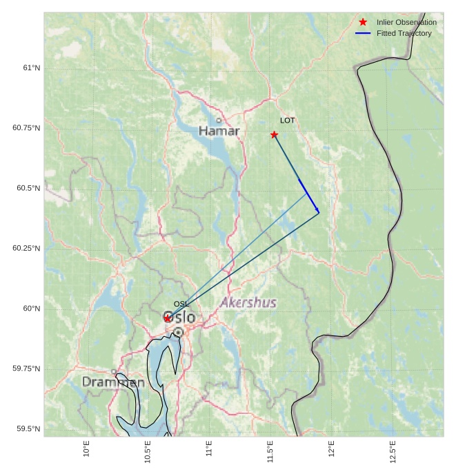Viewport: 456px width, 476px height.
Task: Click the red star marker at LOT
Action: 274,134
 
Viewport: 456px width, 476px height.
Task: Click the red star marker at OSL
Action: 167,318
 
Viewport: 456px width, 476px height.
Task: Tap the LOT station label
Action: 287,121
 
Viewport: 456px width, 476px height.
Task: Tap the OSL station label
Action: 181,304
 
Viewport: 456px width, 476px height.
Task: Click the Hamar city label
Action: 219,131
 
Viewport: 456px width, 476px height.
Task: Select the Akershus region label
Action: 248,302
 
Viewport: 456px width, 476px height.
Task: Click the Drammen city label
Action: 113,382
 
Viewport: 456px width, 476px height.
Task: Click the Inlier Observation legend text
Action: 406,22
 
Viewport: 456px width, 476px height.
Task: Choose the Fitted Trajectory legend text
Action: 404,33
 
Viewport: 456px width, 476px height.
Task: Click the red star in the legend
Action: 363,22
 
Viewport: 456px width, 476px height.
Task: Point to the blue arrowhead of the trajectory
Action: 317,210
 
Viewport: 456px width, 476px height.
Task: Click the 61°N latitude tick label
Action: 31,68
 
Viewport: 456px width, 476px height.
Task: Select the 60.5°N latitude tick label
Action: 26,188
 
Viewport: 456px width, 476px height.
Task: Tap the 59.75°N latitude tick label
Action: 26,369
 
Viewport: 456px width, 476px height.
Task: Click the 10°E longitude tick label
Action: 86,449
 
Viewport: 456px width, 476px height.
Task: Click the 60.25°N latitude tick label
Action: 26,248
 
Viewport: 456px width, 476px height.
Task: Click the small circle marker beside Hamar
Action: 219,121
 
